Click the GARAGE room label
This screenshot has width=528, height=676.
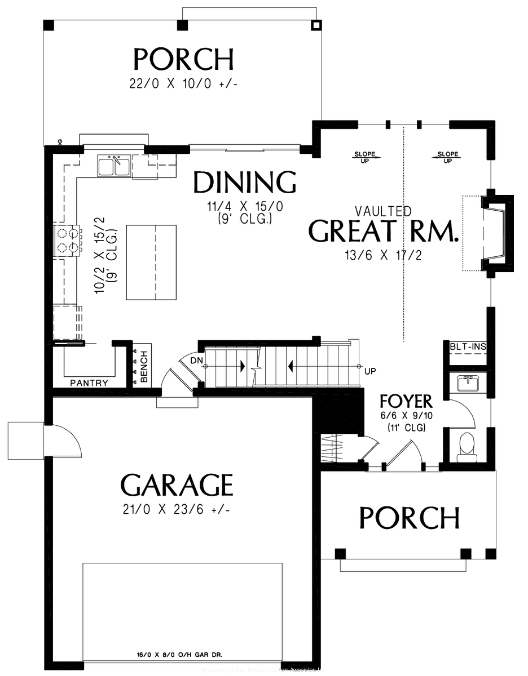(177, 485)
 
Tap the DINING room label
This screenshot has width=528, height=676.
(244, 183)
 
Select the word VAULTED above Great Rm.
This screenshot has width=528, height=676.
(383, 211)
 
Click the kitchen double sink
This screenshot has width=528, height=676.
(115, 166)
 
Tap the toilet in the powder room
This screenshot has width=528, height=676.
(466, 444)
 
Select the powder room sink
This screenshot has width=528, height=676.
(467, 384)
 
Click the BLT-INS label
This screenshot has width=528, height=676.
(468, 347)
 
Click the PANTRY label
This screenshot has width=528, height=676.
(89, 383)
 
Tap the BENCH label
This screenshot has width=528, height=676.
(144, 368)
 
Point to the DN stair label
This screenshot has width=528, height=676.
(196, 359)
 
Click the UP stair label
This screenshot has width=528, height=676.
(370, 371)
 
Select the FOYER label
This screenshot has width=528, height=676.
(406, 402)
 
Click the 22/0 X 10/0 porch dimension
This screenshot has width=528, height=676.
(183, 83)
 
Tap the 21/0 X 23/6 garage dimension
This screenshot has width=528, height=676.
(177, 510)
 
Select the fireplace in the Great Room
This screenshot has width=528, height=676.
(492, 233)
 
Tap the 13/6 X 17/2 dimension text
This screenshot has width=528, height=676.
(383, 255)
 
